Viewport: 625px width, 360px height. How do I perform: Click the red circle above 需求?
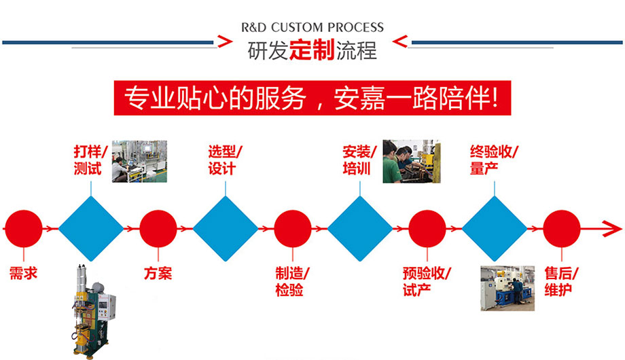[23, 229]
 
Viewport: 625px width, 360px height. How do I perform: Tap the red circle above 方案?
[158, 229]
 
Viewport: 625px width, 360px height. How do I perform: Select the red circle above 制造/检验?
[292, 229]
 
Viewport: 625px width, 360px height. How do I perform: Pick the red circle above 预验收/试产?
[427, 229]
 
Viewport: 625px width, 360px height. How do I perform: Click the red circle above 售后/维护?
[562, 229]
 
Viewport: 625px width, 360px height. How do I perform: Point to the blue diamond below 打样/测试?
[90, 229]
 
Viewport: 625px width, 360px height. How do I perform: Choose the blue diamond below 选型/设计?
[225, 229]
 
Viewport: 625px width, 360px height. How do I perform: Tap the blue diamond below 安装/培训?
[360, 229]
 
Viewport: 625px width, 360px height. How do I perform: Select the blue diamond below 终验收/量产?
[495, 229]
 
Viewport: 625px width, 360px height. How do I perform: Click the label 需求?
[23, 274]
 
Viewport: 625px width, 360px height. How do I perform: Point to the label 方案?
[158, 274]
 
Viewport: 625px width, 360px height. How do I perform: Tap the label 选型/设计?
[225, 160]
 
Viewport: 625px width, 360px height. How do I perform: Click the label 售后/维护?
[561, 281]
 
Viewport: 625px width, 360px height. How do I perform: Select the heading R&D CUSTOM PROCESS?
[312, 28]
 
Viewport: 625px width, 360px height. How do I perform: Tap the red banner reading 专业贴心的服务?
[312, 98]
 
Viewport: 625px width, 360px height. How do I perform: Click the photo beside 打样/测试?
[139, 162]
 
